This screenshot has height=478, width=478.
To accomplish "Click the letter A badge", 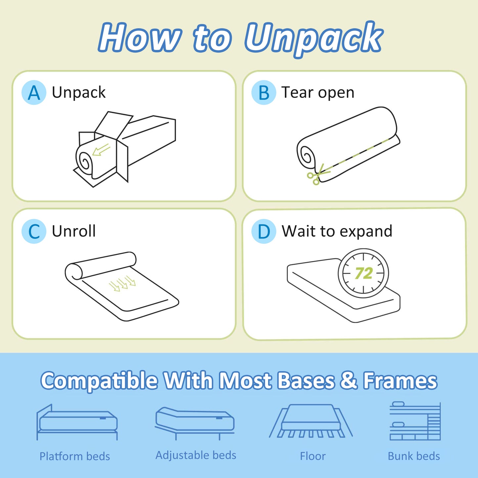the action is pos(34,93).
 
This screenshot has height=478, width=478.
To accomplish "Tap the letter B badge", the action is pos(264,93).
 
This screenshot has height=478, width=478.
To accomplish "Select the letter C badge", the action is pos(34,231).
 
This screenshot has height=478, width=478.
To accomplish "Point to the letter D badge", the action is pos(264,231).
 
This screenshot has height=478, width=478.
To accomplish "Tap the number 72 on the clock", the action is pos(364,273).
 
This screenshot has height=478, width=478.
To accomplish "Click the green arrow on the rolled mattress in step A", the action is pos(101,150).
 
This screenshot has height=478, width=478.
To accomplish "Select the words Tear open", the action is pos(318,93).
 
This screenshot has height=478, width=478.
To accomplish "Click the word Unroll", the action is pos(74,231).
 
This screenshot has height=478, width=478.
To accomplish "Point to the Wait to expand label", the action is pos(337,232).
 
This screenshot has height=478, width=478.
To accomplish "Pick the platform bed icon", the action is pos(77,422).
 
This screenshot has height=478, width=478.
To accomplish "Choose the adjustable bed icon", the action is pos(195,423).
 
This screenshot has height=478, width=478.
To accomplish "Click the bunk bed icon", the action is pos(415,421).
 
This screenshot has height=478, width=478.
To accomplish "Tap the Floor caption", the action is pos(313,456).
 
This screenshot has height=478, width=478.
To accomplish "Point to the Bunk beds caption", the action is pos(414,456).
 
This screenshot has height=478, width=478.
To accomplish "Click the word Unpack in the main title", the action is pos(314,38).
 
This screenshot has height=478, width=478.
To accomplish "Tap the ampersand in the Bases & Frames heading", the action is pos(349,380).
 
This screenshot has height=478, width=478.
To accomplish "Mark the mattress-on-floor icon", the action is pos(311,421).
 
